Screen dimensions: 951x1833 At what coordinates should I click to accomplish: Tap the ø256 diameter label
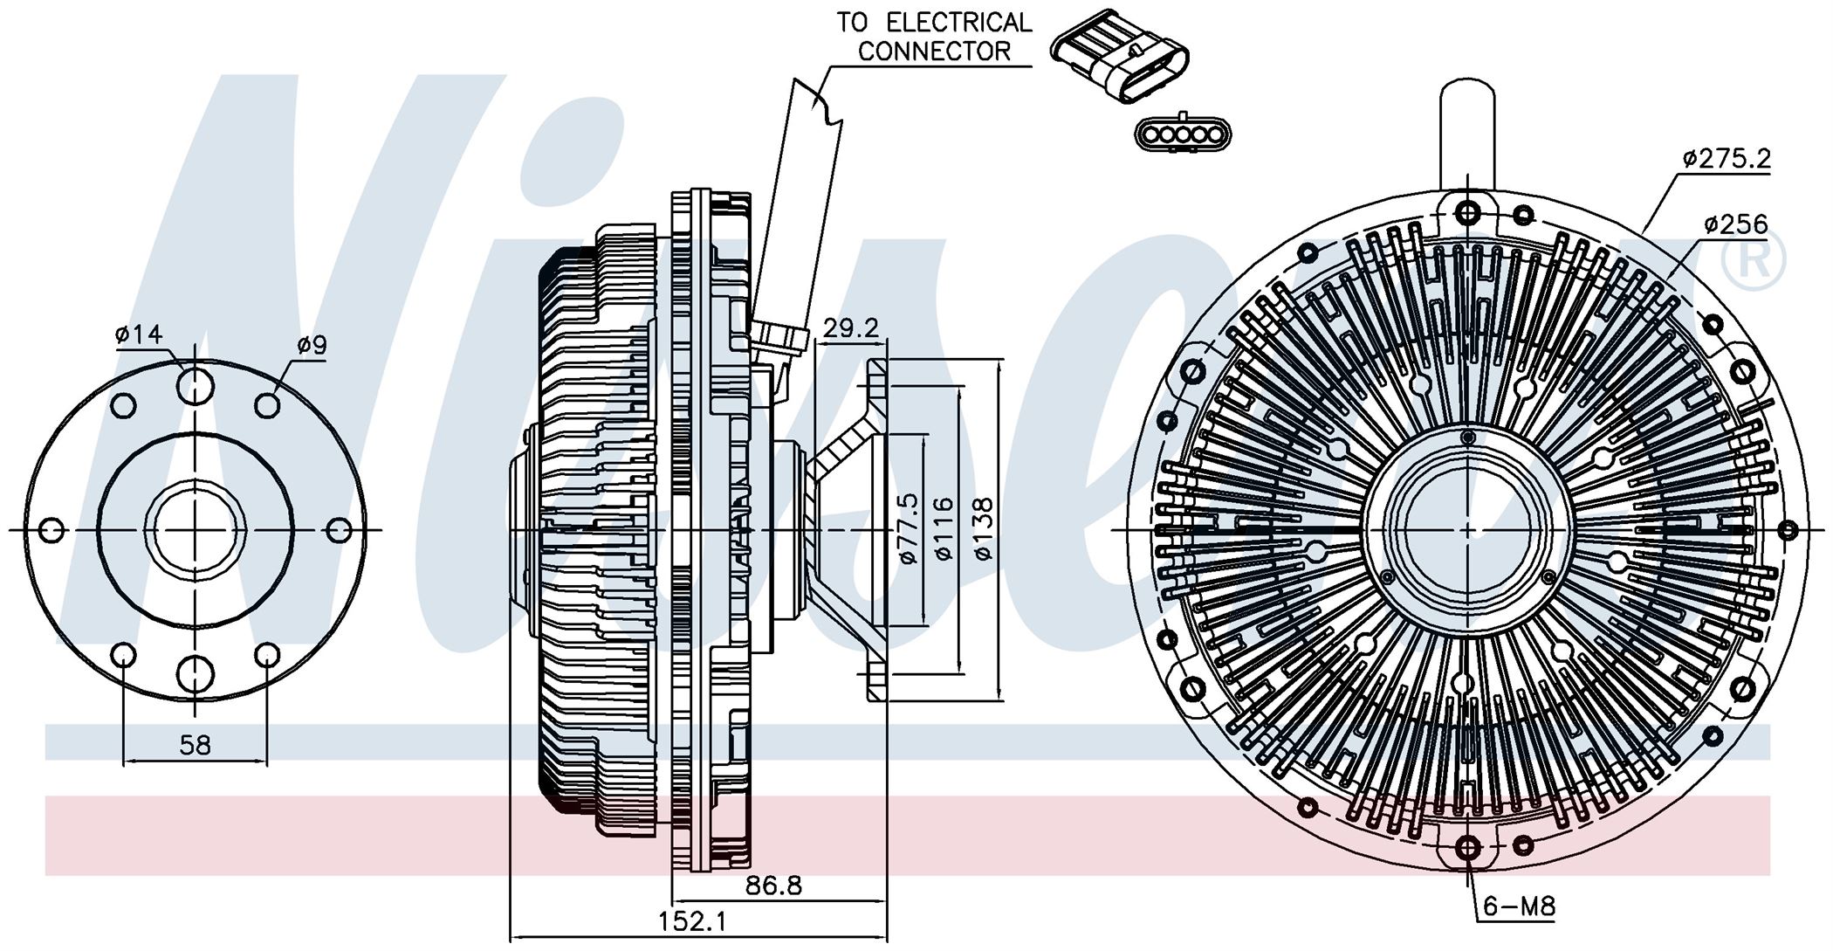click(x=1735, y=224)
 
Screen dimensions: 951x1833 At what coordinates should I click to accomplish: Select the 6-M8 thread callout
click(x=1519, y=906)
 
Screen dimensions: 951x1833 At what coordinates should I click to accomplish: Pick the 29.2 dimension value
click(x=851, y=328)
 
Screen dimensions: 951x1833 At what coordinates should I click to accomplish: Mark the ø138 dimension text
click(x=983, y=528)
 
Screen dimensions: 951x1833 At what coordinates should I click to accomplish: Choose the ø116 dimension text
click(x=944, y=528)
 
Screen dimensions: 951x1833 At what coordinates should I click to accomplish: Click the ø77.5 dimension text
click(x=909, y=528)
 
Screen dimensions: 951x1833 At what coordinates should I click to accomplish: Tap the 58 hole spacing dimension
click(x=195, y=745)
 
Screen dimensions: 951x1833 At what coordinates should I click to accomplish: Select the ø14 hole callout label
click(x=138, y=334)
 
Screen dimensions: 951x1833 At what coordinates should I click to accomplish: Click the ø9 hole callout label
click(x=311, y=345)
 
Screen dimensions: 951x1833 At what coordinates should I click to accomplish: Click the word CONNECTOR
click(x=933, y=51)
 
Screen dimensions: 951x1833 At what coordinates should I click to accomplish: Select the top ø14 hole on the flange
click(x=196, y=385)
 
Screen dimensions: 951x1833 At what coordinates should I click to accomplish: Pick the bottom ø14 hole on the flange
click(x=196, y=674)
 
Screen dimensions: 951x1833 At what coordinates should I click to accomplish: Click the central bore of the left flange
click(x=196, y=529)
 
